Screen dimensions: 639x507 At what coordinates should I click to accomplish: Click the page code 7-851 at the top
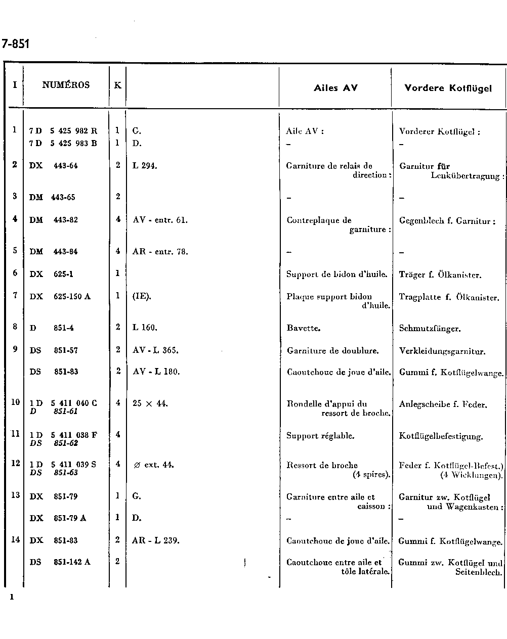[16, 44]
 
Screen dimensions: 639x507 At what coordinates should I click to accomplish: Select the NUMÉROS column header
[66, 85]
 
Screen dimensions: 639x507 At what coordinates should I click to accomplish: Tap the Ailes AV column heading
[335, 88]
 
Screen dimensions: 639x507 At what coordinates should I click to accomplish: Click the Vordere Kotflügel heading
[448, 88]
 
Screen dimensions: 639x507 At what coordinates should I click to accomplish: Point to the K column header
[117, 85]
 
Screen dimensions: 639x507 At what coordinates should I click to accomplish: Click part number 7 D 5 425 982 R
[63, 131]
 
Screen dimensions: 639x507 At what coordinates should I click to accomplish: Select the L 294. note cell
[145, 166]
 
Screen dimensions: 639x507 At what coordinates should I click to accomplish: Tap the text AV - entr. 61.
[160, 220]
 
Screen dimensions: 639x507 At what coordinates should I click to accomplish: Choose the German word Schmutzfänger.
[430, 329]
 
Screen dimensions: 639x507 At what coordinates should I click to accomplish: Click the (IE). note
[142, 297]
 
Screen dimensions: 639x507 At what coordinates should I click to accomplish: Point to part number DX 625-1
[51, 274]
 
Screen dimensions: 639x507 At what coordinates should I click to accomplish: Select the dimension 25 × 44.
[150, 403]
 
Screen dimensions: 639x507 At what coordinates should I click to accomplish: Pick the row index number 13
[15, 495]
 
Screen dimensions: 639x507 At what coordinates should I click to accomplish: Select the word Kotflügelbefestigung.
[441, 436]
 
